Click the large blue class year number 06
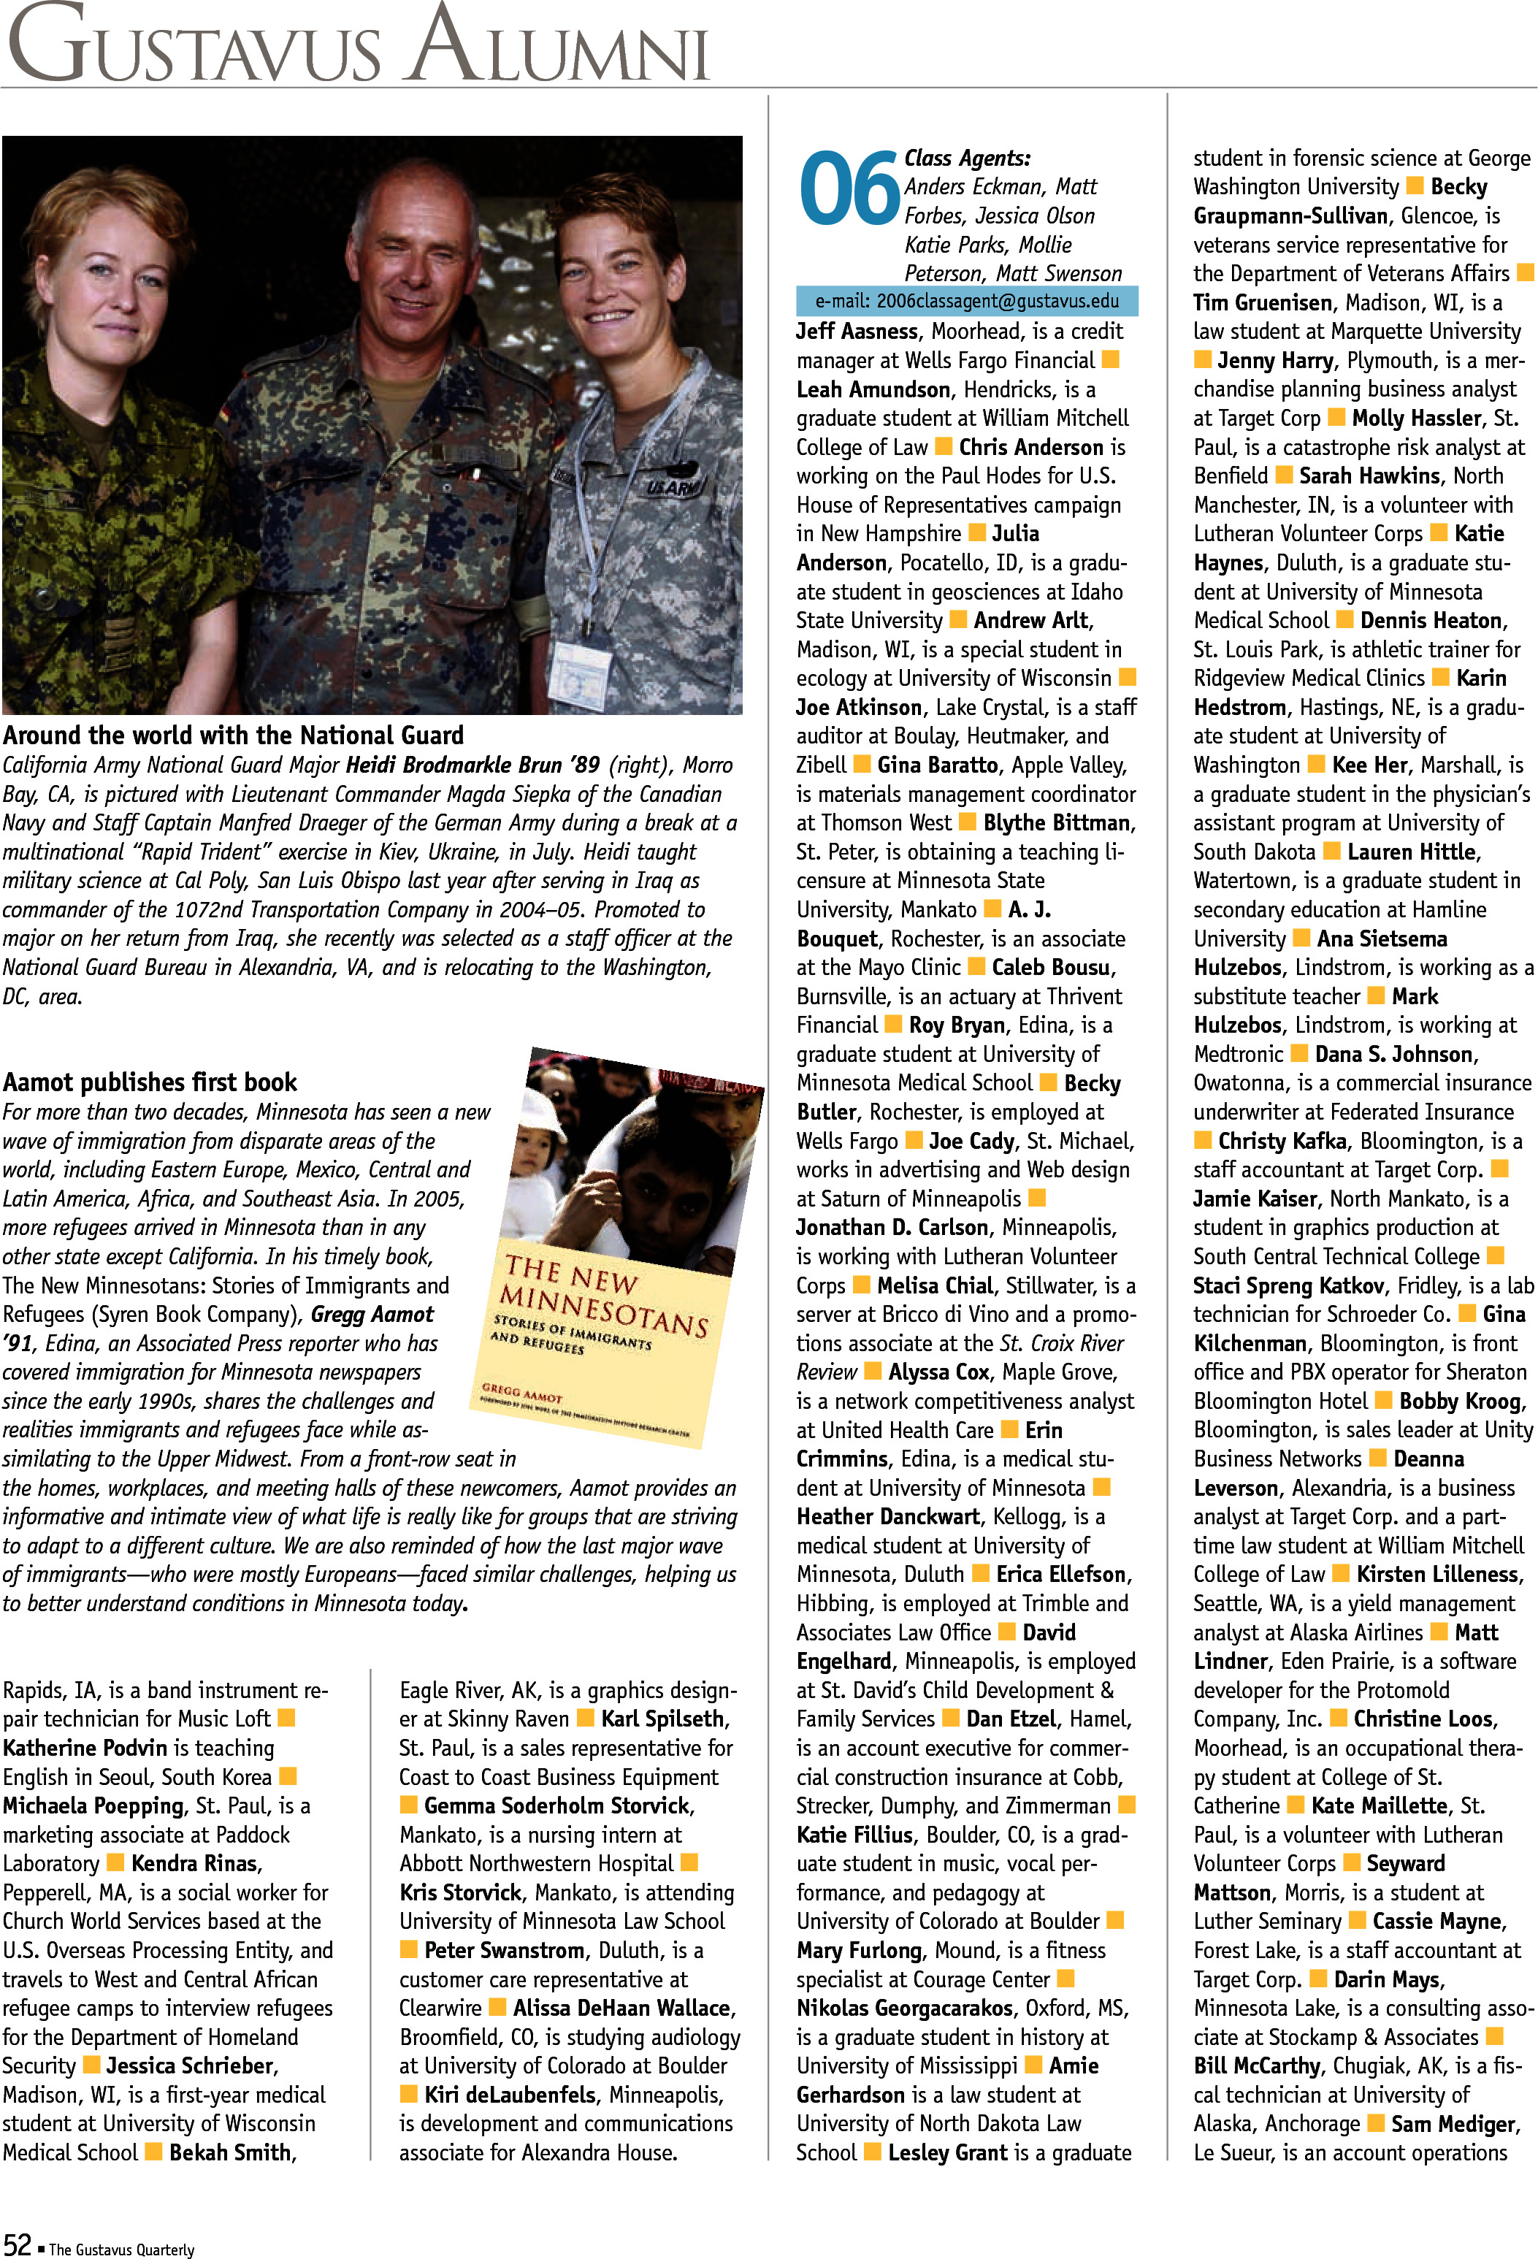click(848, 188)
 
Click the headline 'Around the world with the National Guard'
click(233, 735)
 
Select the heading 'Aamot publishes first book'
click(150, 1082)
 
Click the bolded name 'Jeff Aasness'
click(857, 332)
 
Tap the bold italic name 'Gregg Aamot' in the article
click(372, 1314)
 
